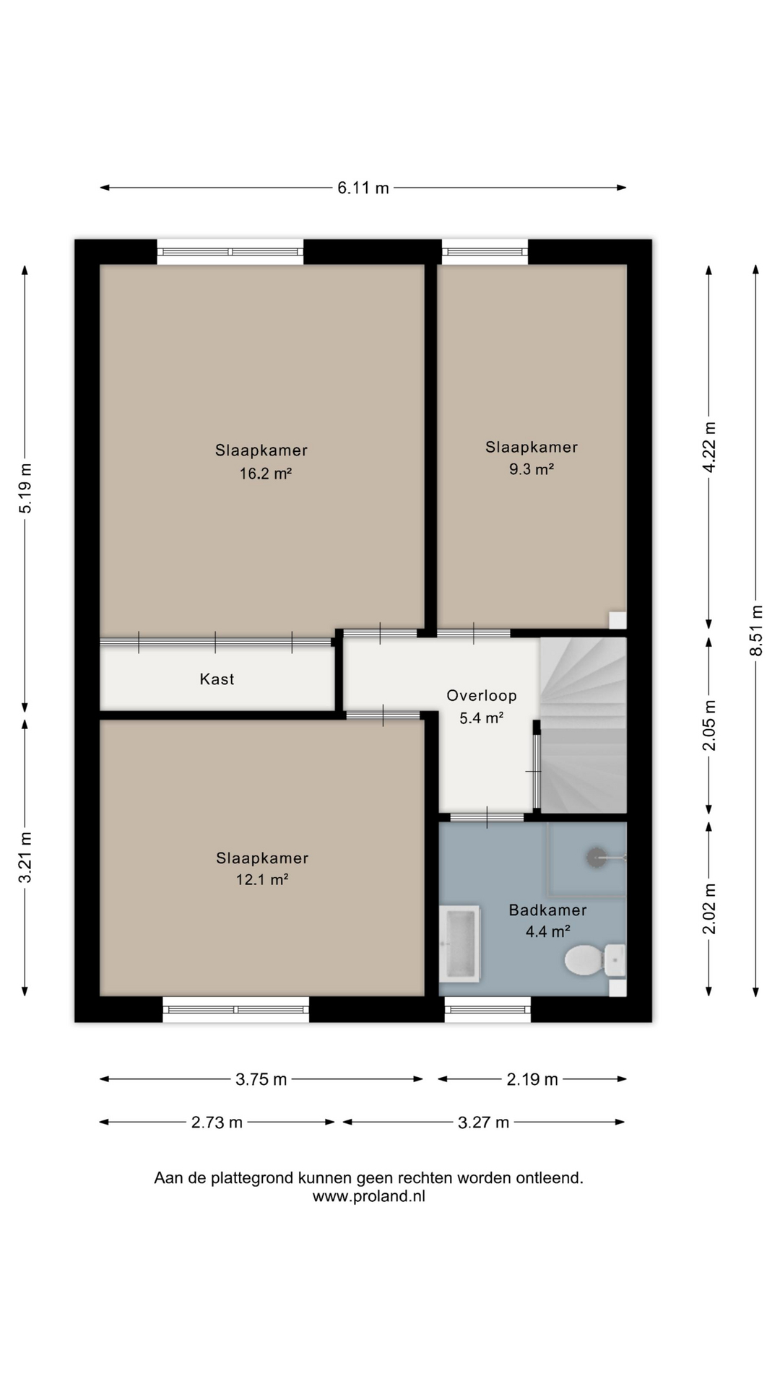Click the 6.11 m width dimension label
tap(363, 188)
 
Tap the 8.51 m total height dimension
tap(756, 630)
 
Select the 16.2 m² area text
tap(266, 474)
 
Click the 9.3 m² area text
tap(532, 469)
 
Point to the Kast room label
tap(217, 679)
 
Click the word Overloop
tap(482, 696)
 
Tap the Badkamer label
tap(547, 910)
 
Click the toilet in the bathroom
tap(594, 960)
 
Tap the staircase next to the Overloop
tap(584, 725)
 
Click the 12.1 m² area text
tap(262, 880)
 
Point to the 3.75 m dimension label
tap(261, 1080)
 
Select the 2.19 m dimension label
tap(532, 1080)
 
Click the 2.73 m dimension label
tap(217, 1123)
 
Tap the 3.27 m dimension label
tap(483, 1123)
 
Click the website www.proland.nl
tap(368, 1196)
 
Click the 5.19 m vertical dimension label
tap(25, 488)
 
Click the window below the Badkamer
tap(487, 1009)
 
